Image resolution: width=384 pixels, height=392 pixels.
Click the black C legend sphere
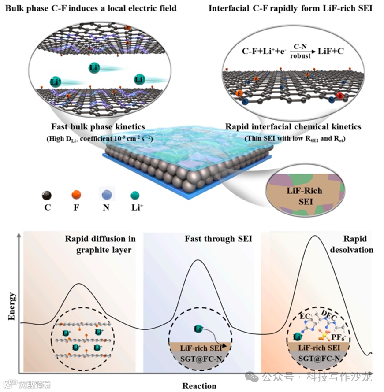click(47, 195)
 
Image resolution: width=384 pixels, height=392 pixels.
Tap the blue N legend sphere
click(106, 195)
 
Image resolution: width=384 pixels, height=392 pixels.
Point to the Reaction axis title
click(199, 386)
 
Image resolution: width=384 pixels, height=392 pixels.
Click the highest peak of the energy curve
click(314, 237)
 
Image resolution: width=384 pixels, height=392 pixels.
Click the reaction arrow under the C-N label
click(299, 51)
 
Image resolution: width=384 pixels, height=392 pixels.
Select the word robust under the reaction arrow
click(300, 56)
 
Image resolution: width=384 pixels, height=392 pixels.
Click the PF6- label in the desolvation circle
click(340, 338)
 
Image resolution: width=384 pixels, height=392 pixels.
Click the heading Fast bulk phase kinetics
click(98, 127)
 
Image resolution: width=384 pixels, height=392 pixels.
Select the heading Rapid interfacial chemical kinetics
click(293, 127)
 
